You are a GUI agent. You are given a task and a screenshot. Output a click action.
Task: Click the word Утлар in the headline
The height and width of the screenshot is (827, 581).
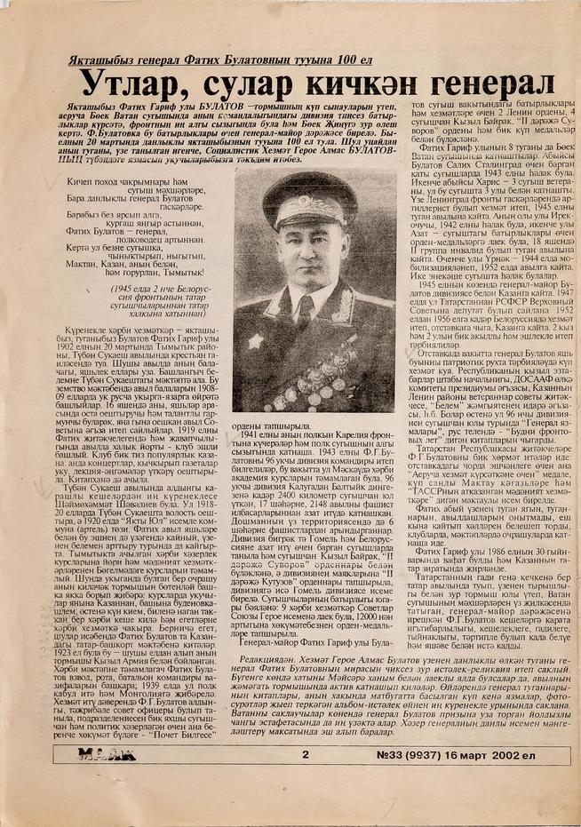click(128, 84)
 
